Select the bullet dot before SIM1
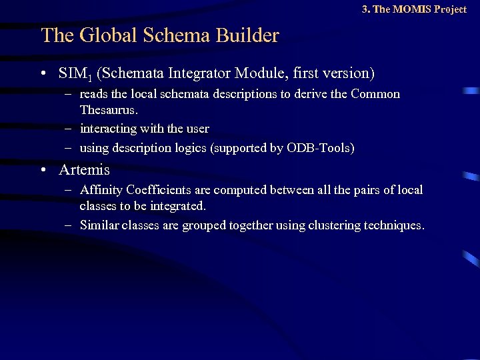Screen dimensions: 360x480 [44, 73]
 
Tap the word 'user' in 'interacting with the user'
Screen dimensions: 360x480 [198, 129]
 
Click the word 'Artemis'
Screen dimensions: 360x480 [84, 170]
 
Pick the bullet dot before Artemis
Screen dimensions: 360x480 [44, 170]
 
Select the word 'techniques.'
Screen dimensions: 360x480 [394, 225]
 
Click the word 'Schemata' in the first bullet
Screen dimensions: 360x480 [129, 73]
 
